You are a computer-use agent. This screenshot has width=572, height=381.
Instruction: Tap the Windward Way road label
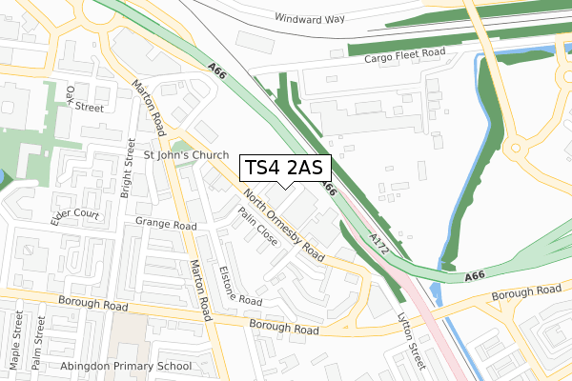tap(308, 18)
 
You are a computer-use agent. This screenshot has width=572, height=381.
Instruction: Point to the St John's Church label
tap(186, 155)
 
